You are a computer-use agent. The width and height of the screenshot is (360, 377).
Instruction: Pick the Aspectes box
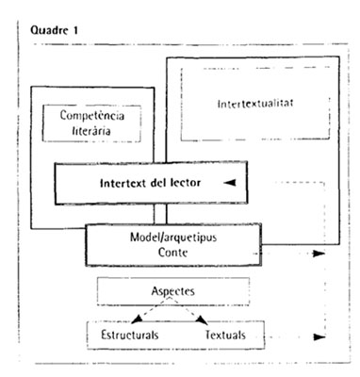(172, 292)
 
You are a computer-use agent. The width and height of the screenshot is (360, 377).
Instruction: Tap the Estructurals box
(127, 334)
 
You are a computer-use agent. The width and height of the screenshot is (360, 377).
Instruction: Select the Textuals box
(223, 334)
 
